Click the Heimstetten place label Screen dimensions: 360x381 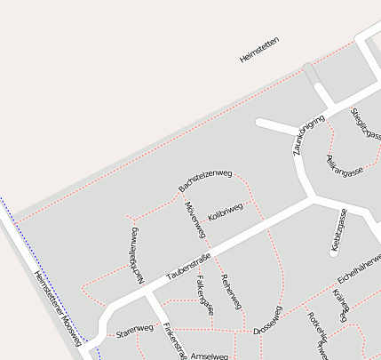coord(259,50)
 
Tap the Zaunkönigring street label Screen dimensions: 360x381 coord(309,133)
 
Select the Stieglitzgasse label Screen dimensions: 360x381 coord(367,124)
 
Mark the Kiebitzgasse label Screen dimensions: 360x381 coord(338,231)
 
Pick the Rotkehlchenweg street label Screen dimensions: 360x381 coord(318,333)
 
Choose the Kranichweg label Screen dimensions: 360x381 coord(341,304)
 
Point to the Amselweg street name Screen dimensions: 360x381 coord(210,356)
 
